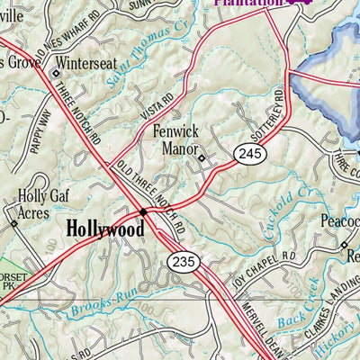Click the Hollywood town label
[x=106, y=229]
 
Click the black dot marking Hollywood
[x=142, y=212]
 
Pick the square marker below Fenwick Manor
[x=202, y=160]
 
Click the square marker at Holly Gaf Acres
[x=13, y=221]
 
